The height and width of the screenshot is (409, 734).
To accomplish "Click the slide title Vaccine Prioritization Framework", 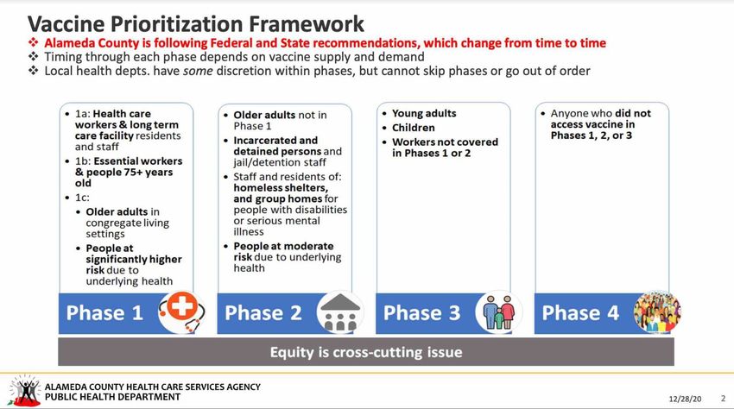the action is click(x=196, y=24).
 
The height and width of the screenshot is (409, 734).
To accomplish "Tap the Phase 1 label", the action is click(x=104, y=313).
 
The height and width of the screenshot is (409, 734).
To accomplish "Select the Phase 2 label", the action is click(x=263, y=313).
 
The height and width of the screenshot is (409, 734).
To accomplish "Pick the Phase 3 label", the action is click(x=421, y=313).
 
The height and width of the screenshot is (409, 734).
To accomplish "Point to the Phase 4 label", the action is click(x=580, y=313).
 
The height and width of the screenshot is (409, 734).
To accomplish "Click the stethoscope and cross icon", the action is click(x=181, y=311).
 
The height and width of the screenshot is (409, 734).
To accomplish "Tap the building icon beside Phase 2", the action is click(x=340, y=312).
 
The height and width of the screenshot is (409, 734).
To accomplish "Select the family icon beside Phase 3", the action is click(x=499, y=312).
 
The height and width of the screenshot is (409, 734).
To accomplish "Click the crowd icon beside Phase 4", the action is click(x=657, y=311).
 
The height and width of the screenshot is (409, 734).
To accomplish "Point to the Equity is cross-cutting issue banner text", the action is click(x=366, y=352).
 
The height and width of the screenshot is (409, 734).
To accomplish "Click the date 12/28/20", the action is click(x=685, y=400).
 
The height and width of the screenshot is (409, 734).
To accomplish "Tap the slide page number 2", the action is click(x=723, y=399).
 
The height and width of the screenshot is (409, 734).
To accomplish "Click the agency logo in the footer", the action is click(x=23, y=390).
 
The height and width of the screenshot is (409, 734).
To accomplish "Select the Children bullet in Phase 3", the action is click(x=414, y=128).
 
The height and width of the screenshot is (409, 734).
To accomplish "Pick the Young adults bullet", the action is click(x=424, y=113).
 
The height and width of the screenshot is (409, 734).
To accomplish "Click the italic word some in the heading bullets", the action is click(x=198, y=71).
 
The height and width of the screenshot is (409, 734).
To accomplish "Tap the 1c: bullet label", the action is click(x=82, y=198).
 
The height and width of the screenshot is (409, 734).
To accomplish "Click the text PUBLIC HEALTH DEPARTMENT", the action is click(x=112, y=397).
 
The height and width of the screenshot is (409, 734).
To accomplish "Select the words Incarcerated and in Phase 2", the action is click(x=275, y=141).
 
